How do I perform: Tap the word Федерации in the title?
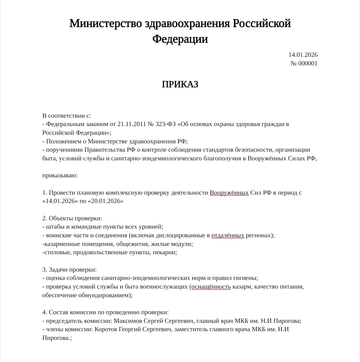click(180, 39)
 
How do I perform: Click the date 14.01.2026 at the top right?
click(303, 55)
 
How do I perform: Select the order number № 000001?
click(304, 63)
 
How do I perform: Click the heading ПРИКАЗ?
click(180, 84)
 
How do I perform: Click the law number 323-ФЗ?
click(165, 124)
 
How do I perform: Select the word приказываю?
click(60, 175)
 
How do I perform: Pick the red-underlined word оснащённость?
click(210, 287)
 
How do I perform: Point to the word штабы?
click(55, 227)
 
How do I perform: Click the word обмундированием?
click(102, 295)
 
